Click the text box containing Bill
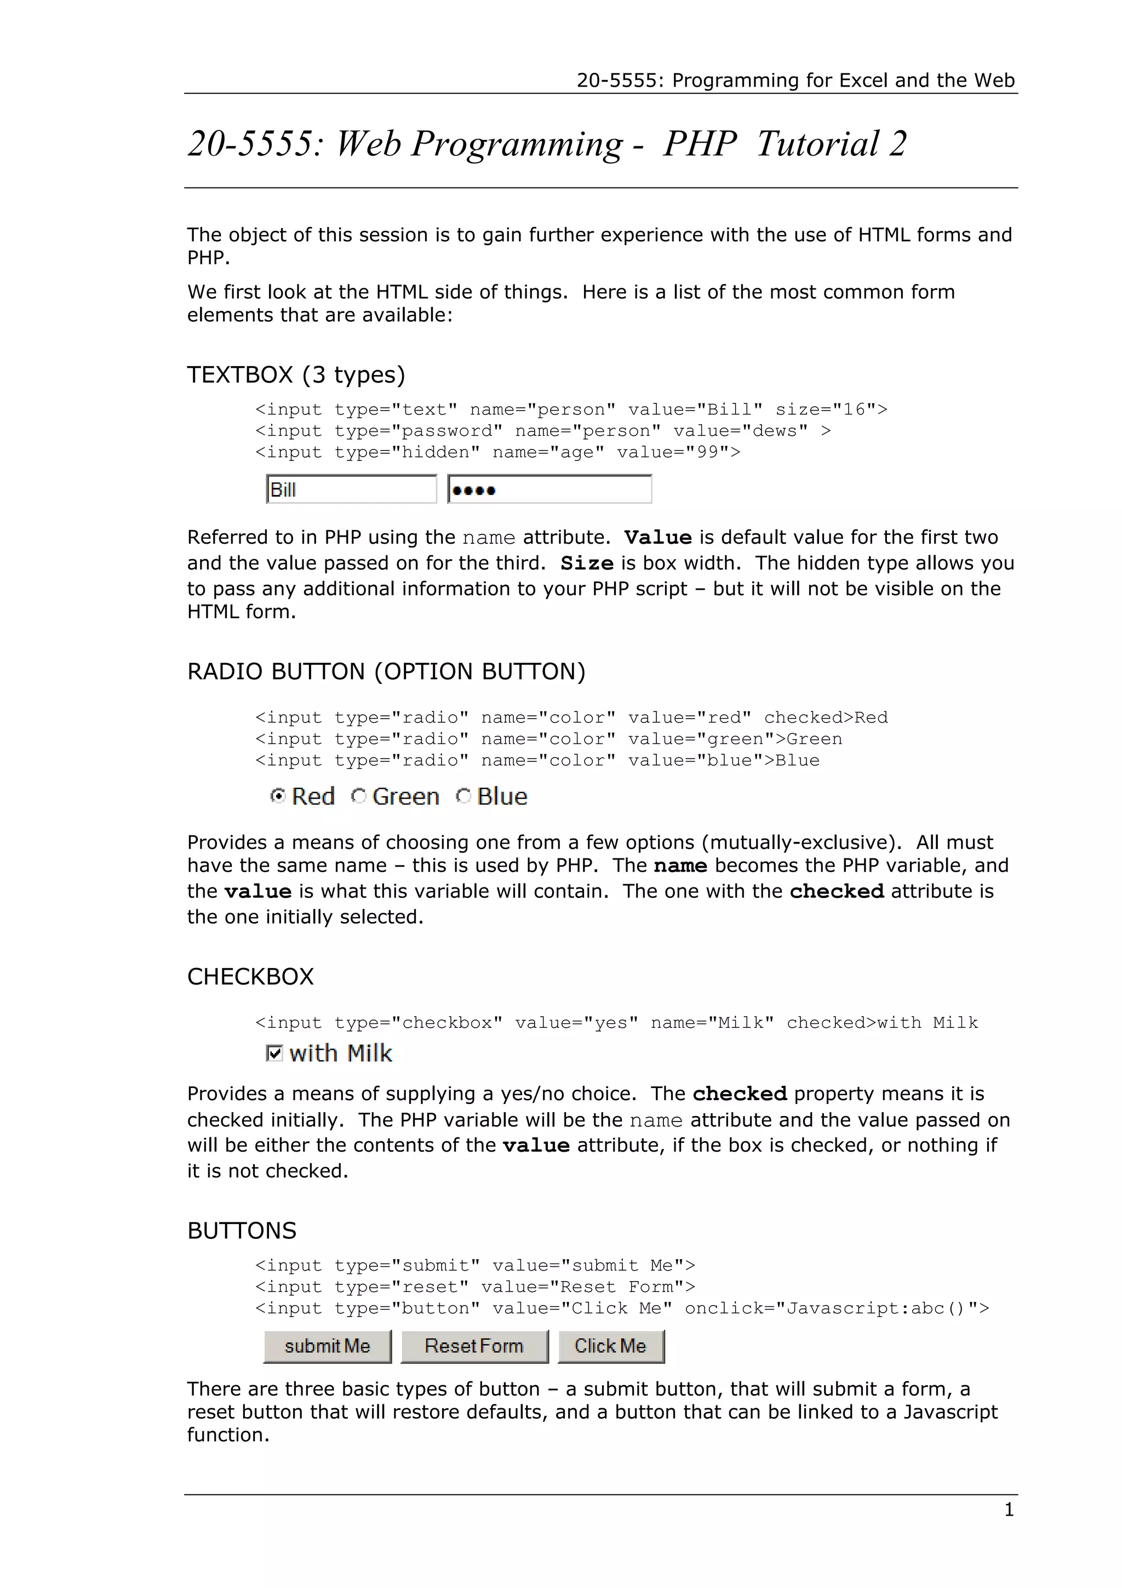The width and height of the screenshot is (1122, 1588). point(351,490)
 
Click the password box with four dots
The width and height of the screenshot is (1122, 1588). point(549,490)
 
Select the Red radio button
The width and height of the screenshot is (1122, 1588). point(278,796)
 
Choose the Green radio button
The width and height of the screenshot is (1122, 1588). point(358,796)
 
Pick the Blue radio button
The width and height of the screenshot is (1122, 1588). point(463,796)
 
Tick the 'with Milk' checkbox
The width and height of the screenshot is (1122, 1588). point(274,1054)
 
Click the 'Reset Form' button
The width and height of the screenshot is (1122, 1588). point(474,1346)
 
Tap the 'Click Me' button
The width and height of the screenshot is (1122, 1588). point(610,1346)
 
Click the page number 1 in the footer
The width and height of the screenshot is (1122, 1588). point(1009,1510)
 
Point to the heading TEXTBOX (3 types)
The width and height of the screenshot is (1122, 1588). point(296,375)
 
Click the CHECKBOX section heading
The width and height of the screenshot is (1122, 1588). point(250,977)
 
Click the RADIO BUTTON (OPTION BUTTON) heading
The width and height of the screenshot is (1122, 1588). point(386,671)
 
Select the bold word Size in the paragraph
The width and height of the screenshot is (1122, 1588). point(587,564)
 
